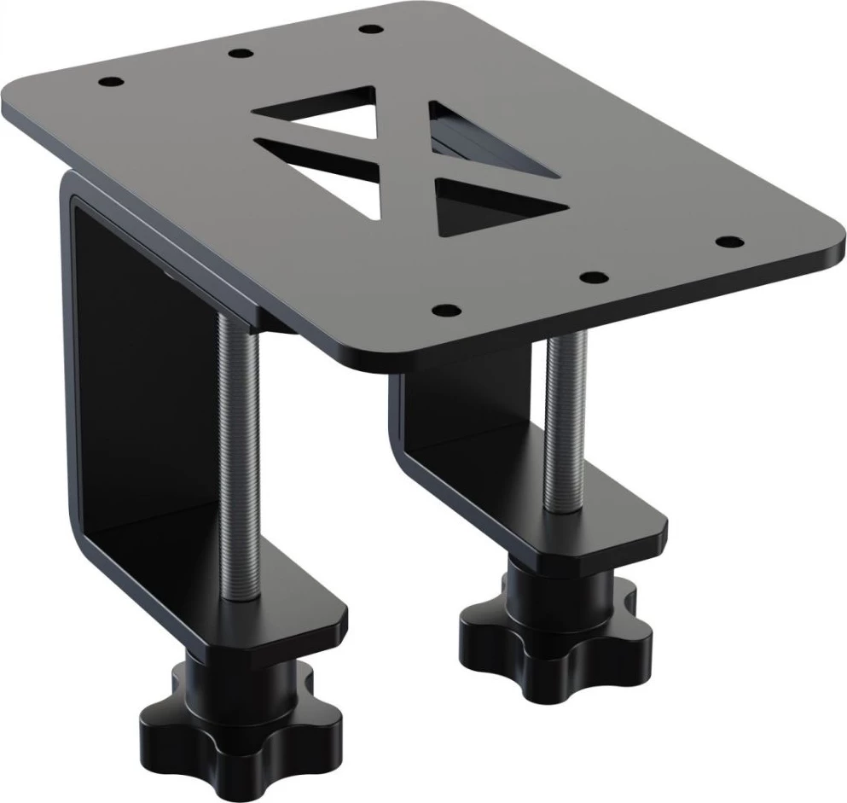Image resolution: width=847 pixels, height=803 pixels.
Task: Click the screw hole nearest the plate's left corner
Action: click(110, 83)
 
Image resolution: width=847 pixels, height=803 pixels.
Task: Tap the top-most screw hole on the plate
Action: click(369, 29)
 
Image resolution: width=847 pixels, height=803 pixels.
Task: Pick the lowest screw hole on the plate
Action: click(444, 308)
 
